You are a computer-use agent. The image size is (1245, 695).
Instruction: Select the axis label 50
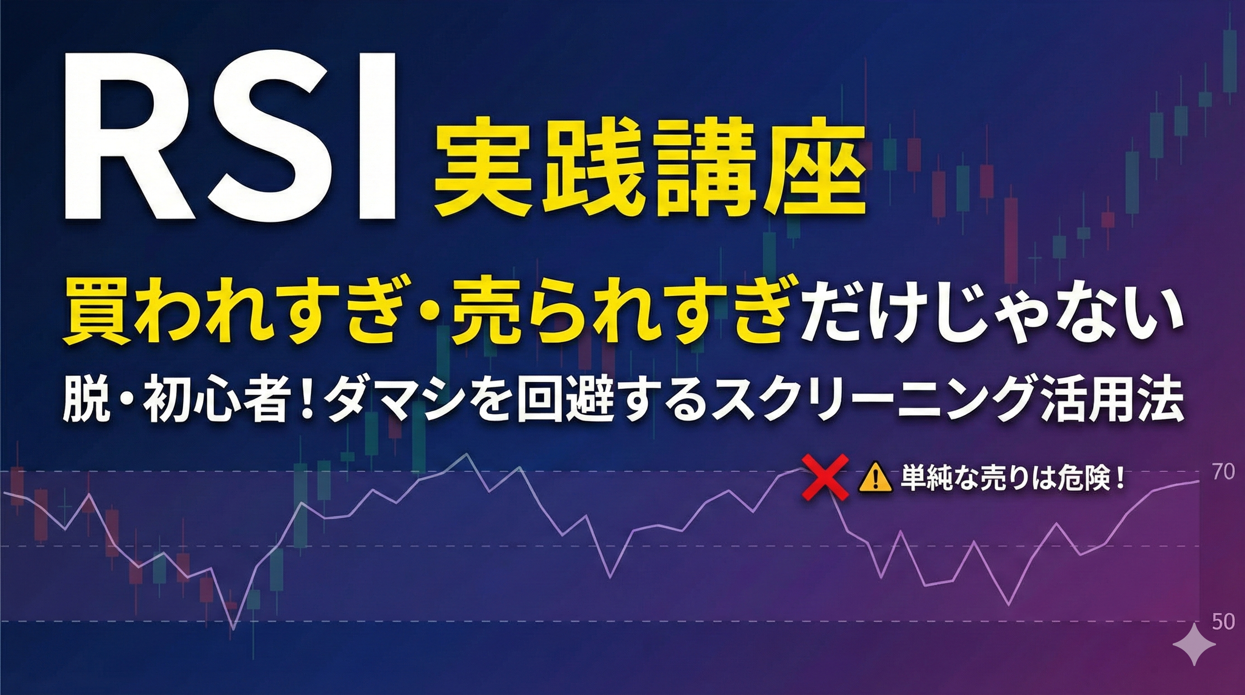[1223, 622]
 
